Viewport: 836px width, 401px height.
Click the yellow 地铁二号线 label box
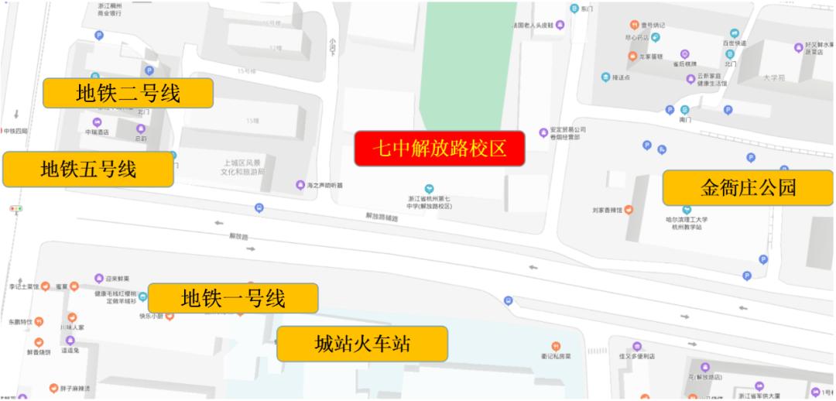[x=128, y=94]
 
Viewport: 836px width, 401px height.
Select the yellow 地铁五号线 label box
[x=88, y=169]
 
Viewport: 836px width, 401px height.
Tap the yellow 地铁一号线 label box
[x=233, y=298]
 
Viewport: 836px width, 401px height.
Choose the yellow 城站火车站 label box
[x=362, y=344]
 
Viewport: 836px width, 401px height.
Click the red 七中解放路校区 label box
[x=440, y=149]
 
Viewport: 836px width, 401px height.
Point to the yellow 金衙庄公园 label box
[x=748, y=187]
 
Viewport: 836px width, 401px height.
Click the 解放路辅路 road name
[x=382, y=218]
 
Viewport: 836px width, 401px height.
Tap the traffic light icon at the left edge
[x=15, y=209]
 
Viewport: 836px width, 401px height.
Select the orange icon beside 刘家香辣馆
[x=629, y=209]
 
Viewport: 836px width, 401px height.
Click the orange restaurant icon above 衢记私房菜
[x=556, y=346]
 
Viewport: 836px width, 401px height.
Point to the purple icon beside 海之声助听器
[x=300, y=185]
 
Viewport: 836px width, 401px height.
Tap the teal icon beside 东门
[x=574, y=9]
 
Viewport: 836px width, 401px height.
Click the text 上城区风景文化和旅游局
[x=244, y=167]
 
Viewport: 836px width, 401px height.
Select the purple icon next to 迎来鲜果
[x=99, y=279]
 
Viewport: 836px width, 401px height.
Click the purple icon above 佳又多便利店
[x=637, y=346]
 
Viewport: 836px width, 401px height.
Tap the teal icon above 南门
[x=685, y=110]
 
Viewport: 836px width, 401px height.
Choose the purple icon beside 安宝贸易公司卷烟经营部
[x=543, y=132]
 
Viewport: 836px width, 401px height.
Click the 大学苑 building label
[x=773, y=78]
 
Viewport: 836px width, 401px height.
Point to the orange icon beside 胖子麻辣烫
[x=53, y=388]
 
